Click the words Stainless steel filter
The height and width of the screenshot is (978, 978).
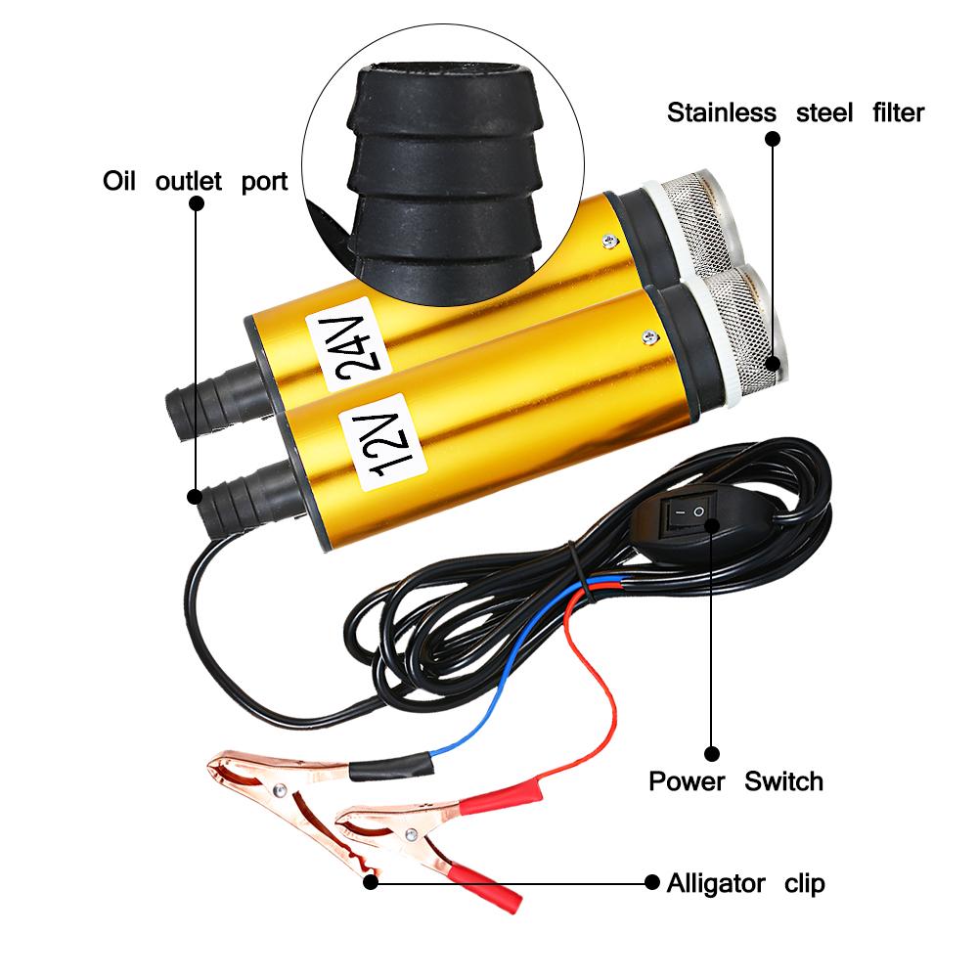[795, 112]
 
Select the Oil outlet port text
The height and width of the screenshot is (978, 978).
[196, 182]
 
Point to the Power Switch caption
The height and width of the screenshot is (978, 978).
[735, 780]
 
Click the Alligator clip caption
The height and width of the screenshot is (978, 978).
[745, 884]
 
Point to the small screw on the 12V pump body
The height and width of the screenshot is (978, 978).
[645, 337]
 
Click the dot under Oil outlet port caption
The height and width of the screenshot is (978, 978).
[196, 204]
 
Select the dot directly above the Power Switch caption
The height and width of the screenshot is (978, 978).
[712, 753]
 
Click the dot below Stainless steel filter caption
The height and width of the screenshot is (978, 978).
[772, 139]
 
